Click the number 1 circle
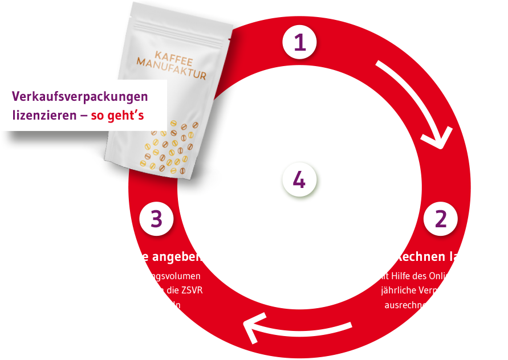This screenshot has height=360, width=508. click(300, 43)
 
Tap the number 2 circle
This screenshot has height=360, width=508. click(440, 220)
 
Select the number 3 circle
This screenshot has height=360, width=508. click(157, 219)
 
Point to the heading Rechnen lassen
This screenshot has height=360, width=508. click(440, 256)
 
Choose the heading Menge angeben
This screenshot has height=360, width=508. click(156, 256)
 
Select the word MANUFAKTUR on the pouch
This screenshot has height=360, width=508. click(170, 72)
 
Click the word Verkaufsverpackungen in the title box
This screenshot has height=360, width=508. click(80, 96)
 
